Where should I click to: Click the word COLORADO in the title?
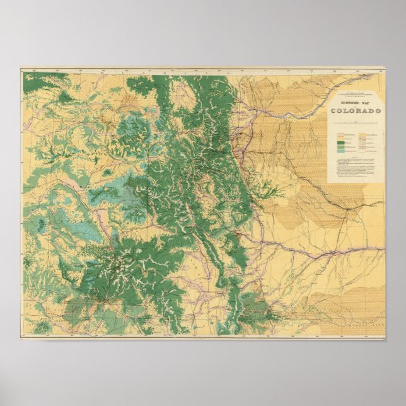(356, 112)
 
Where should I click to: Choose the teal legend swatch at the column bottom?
(340, 151)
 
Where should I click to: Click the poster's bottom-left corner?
(21, 339)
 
